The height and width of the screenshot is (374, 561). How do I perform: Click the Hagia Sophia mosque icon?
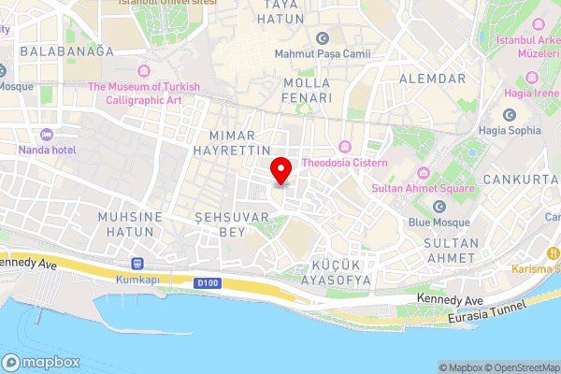click(510, 115)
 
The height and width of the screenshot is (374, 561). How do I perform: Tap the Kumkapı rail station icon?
click(137, 264)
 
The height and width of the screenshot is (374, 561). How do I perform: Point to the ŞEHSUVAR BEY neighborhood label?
click(231, 223)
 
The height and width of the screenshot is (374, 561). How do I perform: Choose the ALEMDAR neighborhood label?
click(432, 79)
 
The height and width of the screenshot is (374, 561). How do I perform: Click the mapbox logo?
click(40, 363)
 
